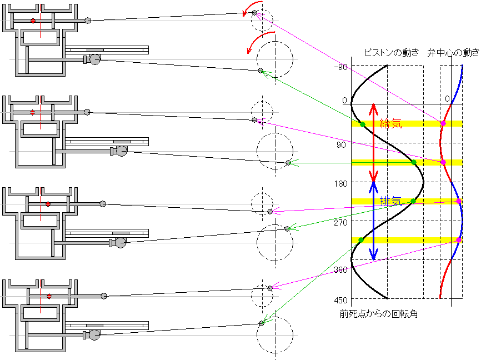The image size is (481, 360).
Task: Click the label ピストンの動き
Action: coord(390,53)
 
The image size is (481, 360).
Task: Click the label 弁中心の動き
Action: coord(453,53)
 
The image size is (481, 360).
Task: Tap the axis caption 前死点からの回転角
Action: coord(379,314)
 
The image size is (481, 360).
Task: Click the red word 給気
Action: coord(390,123)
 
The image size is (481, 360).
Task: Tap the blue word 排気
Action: coord(390,201)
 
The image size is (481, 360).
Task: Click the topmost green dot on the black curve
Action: coord(362,124)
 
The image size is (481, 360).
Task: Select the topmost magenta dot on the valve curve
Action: coord(443,123)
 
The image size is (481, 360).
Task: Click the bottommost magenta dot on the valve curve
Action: coord(459,240)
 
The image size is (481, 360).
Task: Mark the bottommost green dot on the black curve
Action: coord(361,240)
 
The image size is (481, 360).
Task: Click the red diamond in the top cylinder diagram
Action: coord(33,21)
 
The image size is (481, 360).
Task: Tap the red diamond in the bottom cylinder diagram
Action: coord(49,296)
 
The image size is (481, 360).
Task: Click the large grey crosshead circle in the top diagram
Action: coord(94,59)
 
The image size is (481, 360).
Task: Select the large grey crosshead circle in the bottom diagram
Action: coord(94,334)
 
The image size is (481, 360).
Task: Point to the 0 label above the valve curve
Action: coord(447,99)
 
